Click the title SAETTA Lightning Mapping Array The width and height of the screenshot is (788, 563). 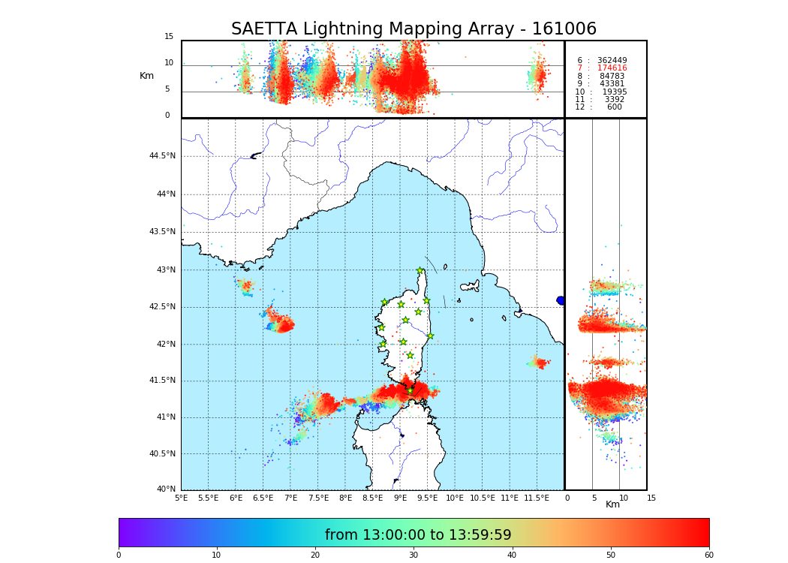(x=414, y=29)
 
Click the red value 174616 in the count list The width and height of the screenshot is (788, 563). (x=612, y=68)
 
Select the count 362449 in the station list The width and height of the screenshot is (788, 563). (x=612, y=60)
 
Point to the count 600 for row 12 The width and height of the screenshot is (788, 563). (x=614, y=107)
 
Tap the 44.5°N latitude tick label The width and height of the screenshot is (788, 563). (x=162, y=156)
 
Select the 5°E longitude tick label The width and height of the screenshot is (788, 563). (x=181, y=498)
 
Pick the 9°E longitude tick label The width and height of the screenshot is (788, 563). (x=400, y=498)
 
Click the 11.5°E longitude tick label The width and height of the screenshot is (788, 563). (x=537, y=498)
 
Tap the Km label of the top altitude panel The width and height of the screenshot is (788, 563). (x=146, y=76)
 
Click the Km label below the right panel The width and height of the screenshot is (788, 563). (x=613, y=504)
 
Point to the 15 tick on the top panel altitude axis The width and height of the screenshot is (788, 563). (x=169, y=37)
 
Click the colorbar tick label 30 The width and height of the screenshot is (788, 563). (x=414, y=555)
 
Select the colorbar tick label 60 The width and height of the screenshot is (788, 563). (x=708, y=555)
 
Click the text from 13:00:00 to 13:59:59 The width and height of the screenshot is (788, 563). (x=418, y=535)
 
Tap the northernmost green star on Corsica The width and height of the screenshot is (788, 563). (x=420, y=271)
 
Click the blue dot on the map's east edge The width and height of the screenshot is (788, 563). (x=561, y=300)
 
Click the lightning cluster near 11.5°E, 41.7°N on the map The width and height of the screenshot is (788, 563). (x=539, y=363)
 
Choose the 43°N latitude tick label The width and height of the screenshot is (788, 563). (x=164, y=270)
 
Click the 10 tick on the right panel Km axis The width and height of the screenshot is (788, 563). (x=624, y=498)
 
